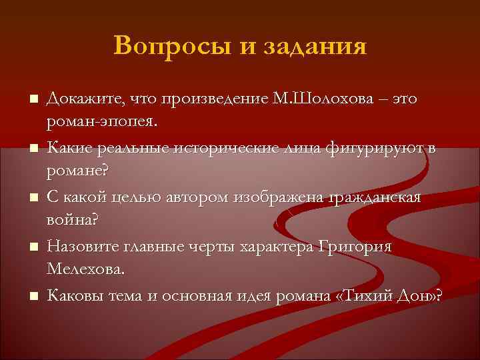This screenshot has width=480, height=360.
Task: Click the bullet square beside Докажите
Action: (x=31, y=100)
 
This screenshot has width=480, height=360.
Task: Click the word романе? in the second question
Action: (x=77, y=171)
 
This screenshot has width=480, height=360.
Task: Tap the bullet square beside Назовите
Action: (x=31, y=247)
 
